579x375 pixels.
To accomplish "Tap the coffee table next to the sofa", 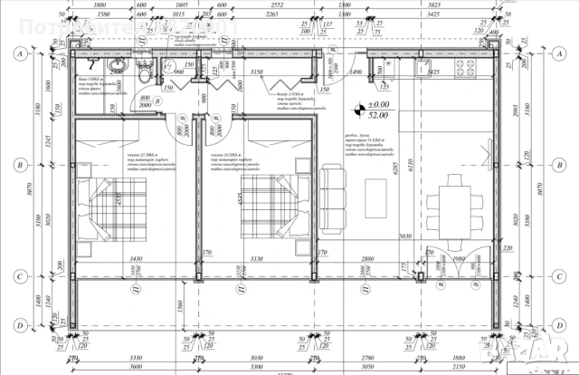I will [x=375, y=197].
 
